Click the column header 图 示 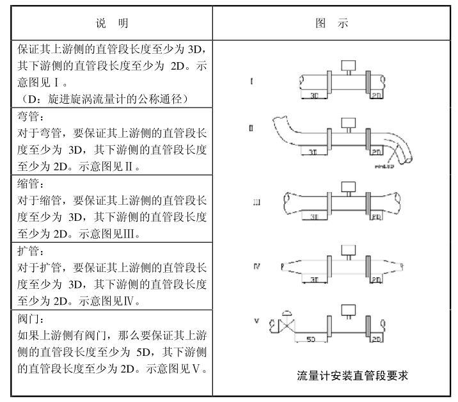pyautogui.click(x=332, y=24)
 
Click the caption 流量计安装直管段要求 pyautogui.click(x=352, y=376)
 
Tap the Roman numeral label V pyautogui.click(x=256, y=319)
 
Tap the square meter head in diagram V pyautogui.click(x=349, y=310)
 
